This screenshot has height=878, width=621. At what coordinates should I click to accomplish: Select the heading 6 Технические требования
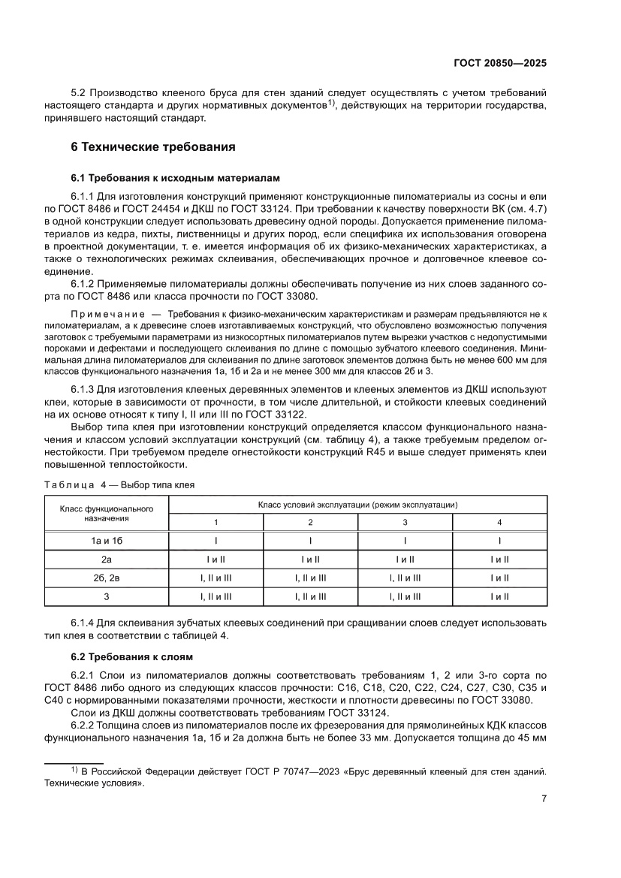click(x=152, y=147)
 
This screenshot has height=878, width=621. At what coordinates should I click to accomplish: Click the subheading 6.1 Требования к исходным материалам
click(x=175, y=178)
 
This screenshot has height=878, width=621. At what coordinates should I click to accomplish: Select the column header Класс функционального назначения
click(x=107, y=513)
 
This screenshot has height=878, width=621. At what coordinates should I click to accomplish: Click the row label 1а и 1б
click(x=107, y=540)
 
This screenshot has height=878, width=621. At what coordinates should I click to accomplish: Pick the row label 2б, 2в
click(x=107, y=578)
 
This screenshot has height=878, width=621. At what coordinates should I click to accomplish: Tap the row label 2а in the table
click(x=107, y=559)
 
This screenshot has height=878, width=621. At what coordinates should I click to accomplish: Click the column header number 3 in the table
click(x=405, y=522)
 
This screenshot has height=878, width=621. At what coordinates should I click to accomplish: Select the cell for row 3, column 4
click(x=499, y=596)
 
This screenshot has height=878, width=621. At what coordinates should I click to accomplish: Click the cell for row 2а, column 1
click(x=216, y=559)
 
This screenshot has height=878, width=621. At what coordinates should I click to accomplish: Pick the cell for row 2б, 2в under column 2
click(x=310, y=578)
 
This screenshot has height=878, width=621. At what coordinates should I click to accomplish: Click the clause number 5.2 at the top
click(x=79, y=92)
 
